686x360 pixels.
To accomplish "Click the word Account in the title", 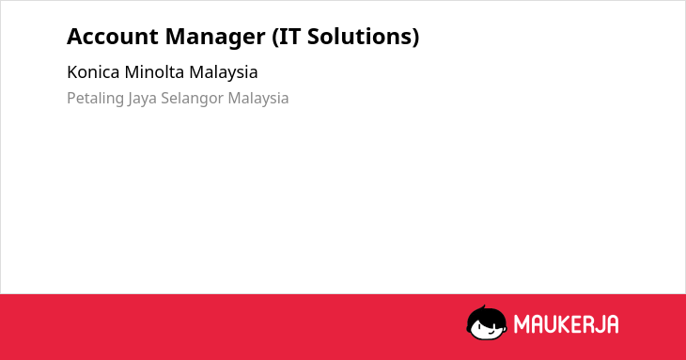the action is [113, 37].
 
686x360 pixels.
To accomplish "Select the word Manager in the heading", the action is [215, 38].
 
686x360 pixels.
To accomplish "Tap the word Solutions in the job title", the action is [360, 37].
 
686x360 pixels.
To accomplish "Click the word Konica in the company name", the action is [93, 72].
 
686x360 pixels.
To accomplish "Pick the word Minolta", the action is [154, 72].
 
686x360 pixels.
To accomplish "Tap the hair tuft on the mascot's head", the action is [483, 307].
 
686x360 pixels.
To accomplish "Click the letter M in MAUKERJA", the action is [522, 324].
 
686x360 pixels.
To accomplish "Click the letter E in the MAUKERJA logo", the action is [575, 324].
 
